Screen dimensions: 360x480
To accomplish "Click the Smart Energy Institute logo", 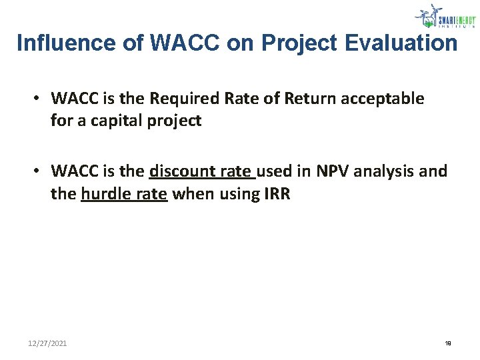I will [x=444, y=16].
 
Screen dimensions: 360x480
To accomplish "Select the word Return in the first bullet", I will [x=307, y=99].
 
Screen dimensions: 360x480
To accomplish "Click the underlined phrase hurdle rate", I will [x=123, y=195].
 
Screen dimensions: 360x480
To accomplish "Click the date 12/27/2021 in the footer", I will [x=47, y=343].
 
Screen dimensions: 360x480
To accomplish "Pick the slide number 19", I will [x=447, y=343].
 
